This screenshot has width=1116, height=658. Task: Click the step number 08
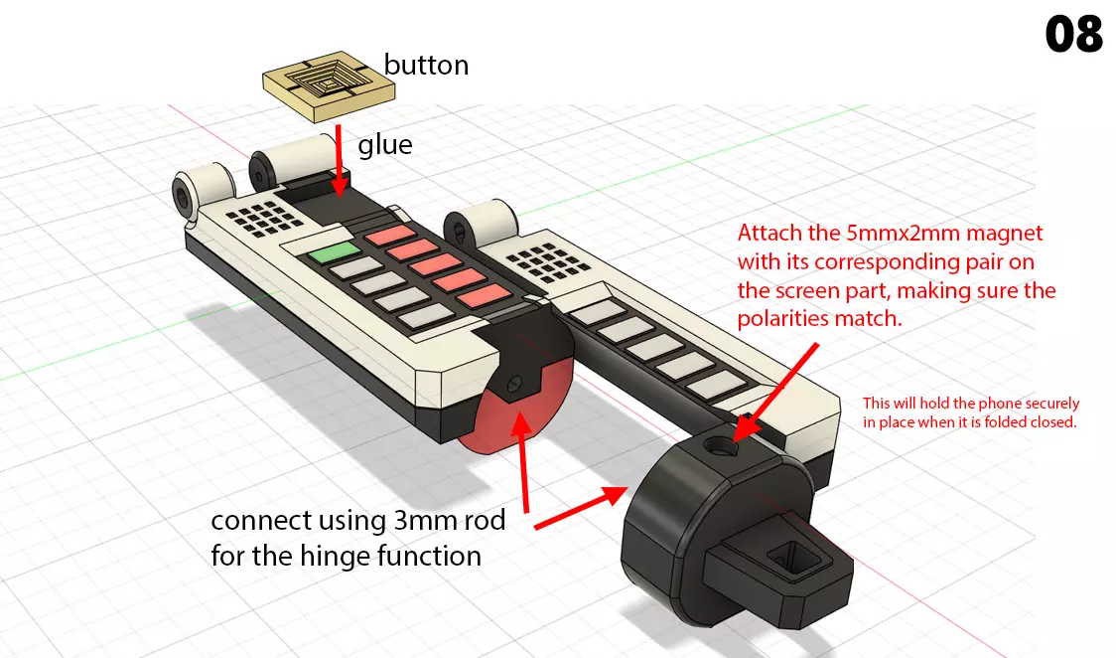pyautogui.click(x=1073, y=36)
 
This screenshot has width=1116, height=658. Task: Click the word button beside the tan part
pyautogui.click(x=426, y=66)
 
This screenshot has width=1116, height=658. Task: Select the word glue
pyautogui.click(x=385, y=145)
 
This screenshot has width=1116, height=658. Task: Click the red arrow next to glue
pyautogui.click(x=340, y=159)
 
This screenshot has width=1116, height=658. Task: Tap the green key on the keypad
pyautogui.click(x=333, y=253)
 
